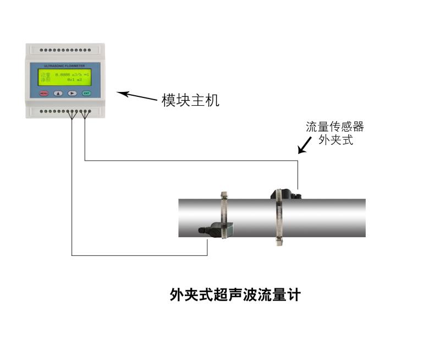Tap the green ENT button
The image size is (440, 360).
pyautogui.click(x=86, y=93)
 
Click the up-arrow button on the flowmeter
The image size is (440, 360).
pyautogui.click(x=58, y=93)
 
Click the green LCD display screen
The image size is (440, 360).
pyautogui.click(x=65, y=77)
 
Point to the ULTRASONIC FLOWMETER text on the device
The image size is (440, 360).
pyautogui.click(x=65, y=66)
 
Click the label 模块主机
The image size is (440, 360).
pyautogui.click(x=190, y=100)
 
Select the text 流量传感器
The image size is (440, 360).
pyautogui.click(x=335, y=127)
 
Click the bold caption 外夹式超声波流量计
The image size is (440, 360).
pyautogui.click(x=235, y=295)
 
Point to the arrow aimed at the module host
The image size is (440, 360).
pyautogui.click(x=137, y=96)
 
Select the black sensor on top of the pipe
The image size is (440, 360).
pyautogui.click(x=284, y=194)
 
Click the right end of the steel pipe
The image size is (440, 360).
pyautogui.click(x=360, y=217)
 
